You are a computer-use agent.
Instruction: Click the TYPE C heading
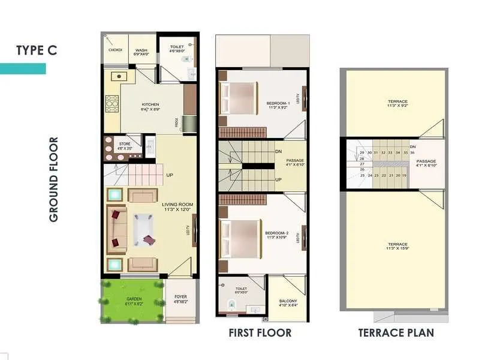37,50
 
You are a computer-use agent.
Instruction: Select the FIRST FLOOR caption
260,332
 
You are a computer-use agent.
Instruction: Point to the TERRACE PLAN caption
396,332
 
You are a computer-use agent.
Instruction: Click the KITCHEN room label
150,104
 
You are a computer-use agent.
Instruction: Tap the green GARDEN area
133,299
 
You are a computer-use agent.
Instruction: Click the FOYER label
180,297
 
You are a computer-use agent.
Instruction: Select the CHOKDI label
116,50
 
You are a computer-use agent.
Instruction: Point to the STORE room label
125,144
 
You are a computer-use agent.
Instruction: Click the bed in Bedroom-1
240,98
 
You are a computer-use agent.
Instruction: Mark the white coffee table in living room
144,230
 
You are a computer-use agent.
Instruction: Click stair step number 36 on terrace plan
413,153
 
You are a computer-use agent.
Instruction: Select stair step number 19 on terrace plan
405,175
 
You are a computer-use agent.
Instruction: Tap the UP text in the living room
170,175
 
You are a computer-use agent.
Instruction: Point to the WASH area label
141,50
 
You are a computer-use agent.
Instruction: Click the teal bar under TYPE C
23,68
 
